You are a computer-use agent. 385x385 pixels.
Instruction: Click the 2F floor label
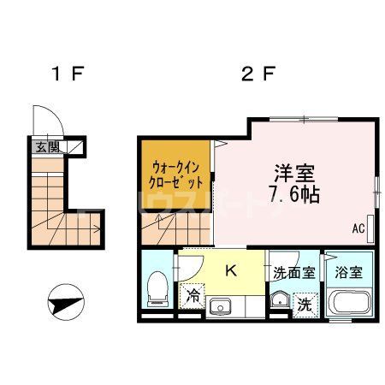click(x=256, y=74)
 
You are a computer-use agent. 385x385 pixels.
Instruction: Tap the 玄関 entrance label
click(x=43, y=146)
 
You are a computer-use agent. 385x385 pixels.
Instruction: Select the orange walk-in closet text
click(x=177, y=174)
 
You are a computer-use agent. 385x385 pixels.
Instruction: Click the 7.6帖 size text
click(x=293, y=195)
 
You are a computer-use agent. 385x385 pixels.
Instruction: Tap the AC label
click(x=358, y=229)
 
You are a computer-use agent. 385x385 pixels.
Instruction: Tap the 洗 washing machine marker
click(x=305, y=302)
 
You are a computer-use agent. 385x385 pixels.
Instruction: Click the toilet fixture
click(x=157, y=289)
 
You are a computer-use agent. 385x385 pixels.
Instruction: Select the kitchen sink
click(x=220, y=305)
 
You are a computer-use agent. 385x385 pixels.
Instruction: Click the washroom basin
click(x=278, y=299)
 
